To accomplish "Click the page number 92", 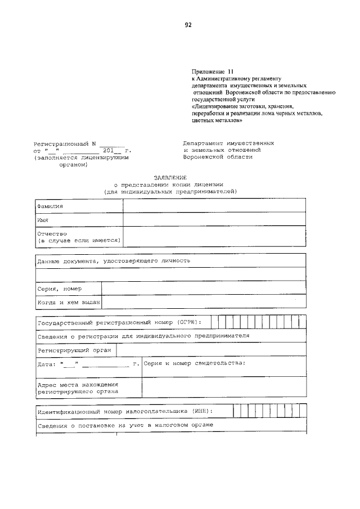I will [x=188, y=25].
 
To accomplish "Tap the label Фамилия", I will [x=50, y=206].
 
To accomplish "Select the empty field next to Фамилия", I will [x=214, y=206].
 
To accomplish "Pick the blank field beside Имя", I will [x=214, y=219].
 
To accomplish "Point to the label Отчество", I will [x=52, y=233].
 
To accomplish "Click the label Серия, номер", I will [x=59, y=289].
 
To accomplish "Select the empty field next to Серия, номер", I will [x=204, y=289].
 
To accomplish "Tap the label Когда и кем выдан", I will [x=69, y=303].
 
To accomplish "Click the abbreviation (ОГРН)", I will [x=187, y=322].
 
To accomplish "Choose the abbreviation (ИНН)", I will [x=202, y=411].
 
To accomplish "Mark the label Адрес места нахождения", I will [x=78, y=385].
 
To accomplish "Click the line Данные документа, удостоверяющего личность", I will [x=114, y=261].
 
